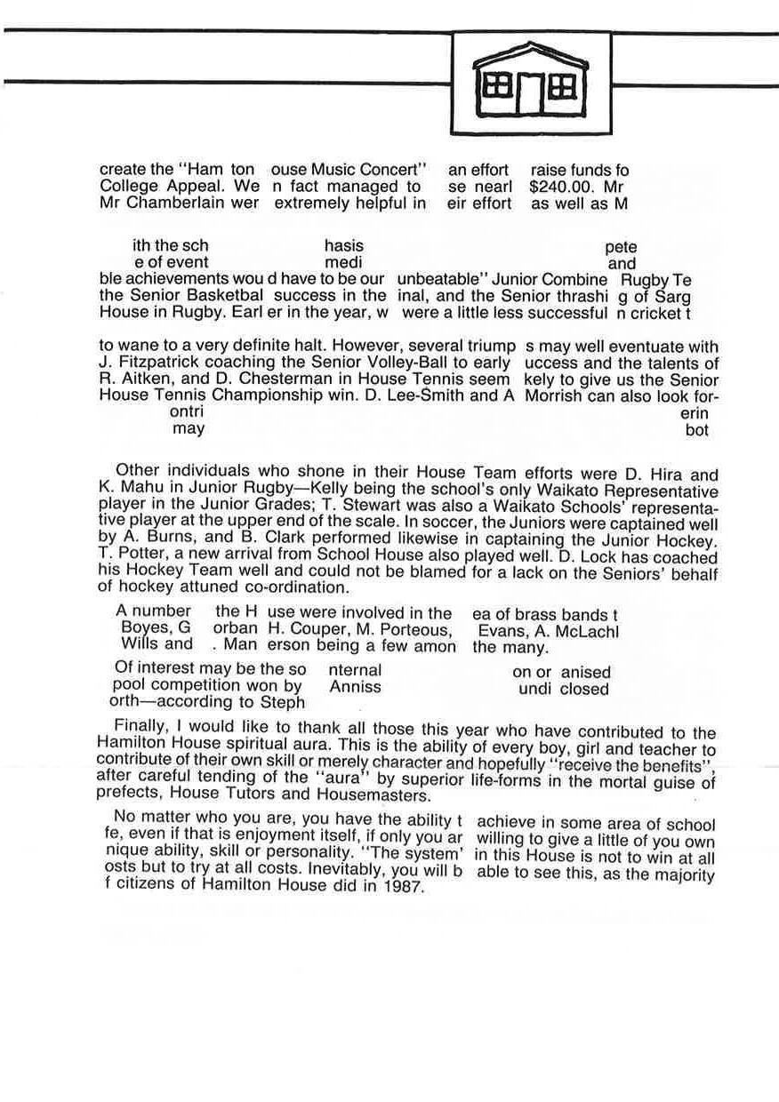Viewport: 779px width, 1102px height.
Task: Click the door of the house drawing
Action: pyautogui.click(x=531, y=93)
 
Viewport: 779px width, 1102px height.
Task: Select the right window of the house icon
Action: pyautogui.click(x=564, y=85)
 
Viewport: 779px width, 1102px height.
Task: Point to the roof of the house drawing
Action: pyautogui.click(x=531, y=54)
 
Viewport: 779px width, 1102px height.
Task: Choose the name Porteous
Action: pyautogui.click(x=412, y=630)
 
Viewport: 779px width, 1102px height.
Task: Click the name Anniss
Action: pyautogui.click(x=355, y=687)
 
